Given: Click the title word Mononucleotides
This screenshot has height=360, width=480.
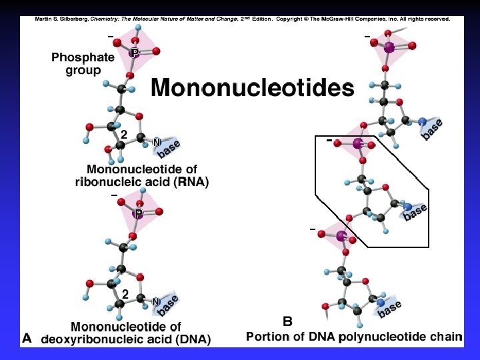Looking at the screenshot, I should pos(252,88).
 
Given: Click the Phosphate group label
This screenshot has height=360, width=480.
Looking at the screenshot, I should pos(83,64).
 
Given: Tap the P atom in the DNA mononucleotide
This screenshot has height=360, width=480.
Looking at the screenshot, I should pos(138,214).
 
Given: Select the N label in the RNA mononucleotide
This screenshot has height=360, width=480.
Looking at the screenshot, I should pos(157,142).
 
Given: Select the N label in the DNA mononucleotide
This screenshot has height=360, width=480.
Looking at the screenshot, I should pos(155,302).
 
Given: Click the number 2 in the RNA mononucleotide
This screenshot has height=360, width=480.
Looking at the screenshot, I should pos(124,134).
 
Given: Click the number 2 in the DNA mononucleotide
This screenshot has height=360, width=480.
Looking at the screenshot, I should pos(125,293).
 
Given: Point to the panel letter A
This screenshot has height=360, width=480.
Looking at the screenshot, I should pos(27,338).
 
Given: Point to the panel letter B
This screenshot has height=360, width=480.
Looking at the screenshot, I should pos(287,321).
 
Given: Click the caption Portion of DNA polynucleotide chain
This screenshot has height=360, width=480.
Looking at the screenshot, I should pos(353,337).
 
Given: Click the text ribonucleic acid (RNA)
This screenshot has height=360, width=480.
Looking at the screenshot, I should pos(141,182).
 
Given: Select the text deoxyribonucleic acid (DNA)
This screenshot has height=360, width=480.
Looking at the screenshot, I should pos(126,339).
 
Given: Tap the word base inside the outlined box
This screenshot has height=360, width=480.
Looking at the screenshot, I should pos(415,212).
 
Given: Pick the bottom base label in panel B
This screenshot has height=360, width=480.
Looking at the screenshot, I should pos(390,307).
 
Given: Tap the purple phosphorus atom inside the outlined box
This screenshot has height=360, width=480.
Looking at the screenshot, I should pos(358,143).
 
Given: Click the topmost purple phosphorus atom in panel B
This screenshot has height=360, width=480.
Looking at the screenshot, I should pos(389,47).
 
